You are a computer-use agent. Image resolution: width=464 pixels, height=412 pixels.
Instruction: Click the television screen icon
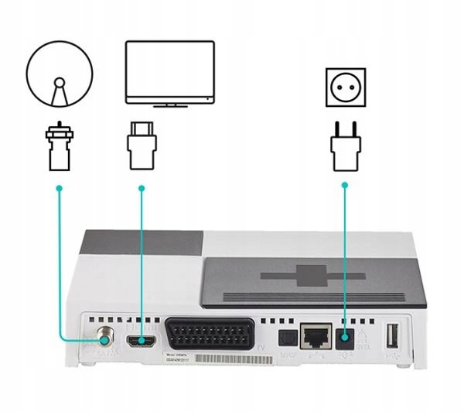[170, 71]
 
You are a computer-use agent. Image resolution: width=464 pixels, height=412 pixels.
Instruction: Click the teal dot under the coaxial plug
[59, 188]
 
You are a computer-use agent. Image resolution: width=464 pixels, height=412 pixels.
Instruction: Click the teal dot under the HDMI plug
[142, 188]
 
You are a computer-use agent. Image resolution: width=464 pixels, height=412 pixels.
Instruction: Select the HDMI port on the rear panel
[142, 340]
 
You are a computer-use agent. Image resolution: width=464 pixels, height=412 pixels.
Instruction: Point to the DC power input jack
[345, 336]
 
